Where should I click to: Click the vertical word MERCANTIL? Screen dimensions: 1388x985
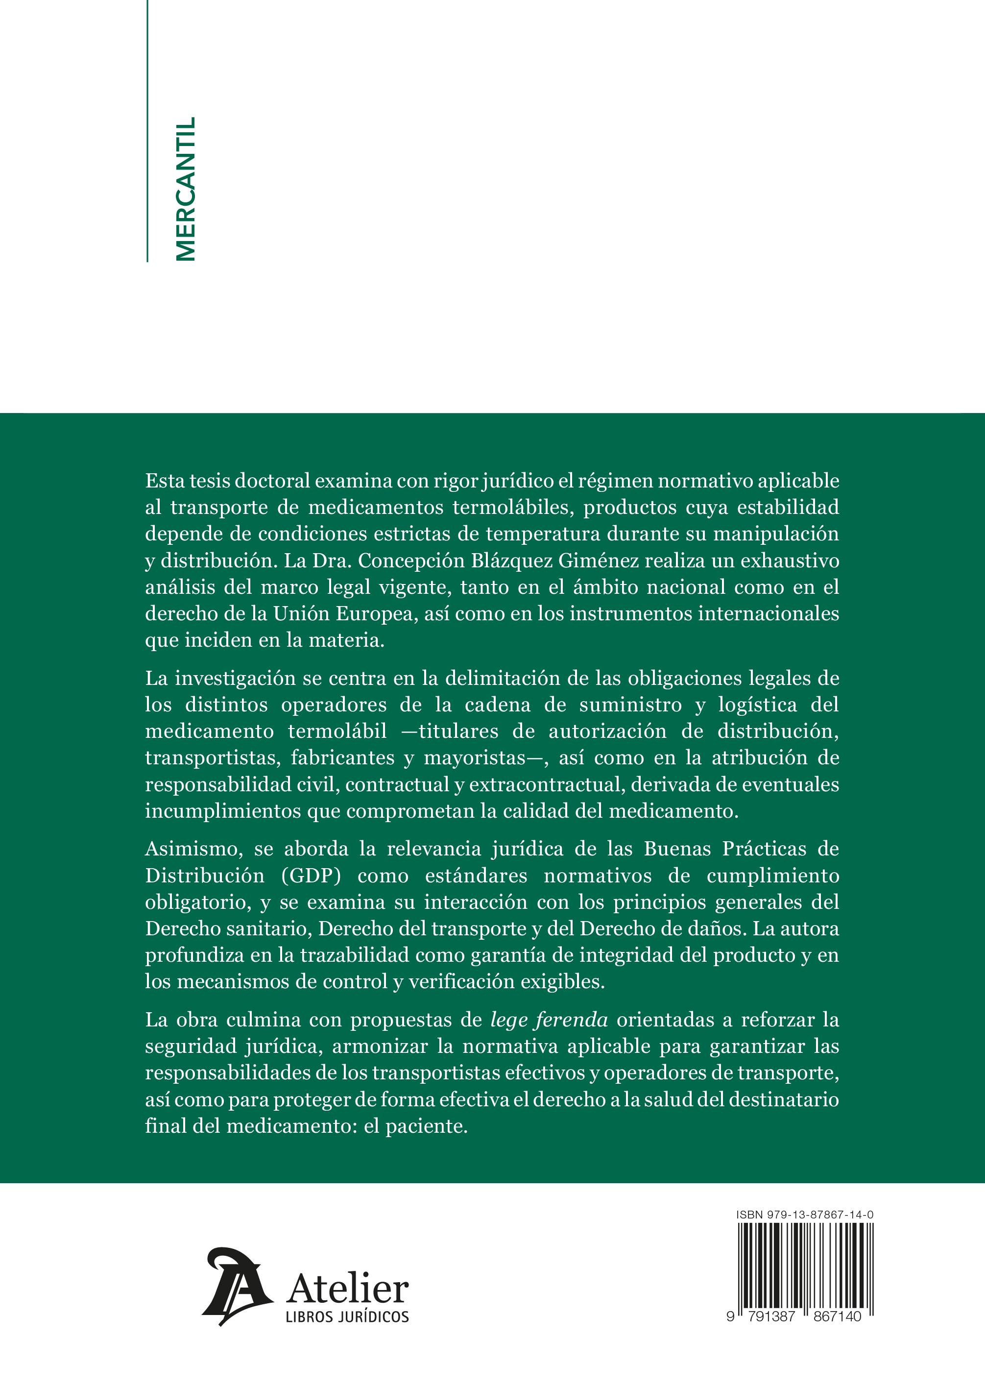pos(185,189)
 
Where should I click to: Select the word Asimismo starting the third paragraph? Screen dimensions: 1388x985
pos(193,849)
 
